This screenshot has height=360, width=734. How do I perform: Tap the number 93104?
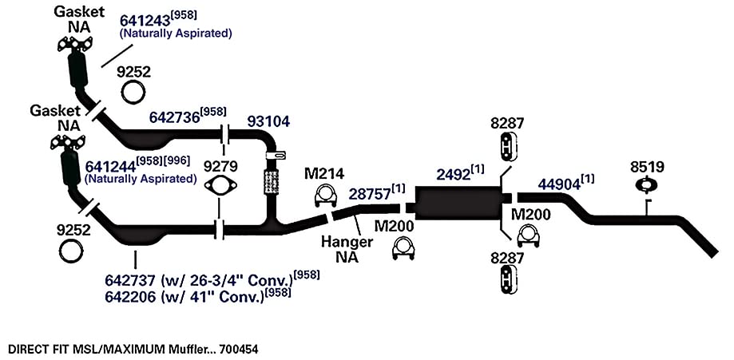268,121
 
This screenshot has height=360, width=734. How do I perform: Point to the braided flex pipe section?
272,182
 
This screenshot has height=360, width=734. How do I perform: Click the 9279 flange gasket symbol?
220,186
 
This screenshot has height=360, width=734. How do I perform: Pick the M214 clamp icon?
325,196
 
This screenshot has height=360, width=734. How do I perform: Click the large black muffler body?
457,203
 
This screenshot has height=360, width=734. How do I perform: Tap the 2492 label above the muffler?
453,175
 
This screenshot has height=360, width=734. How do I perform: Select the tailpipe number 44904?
558,184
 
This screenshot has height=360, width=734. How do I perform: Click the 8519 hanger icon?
645,184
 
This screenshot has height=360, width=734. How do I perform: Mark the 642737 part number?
129,281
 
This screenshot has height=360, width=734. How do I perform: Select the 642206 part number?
129,297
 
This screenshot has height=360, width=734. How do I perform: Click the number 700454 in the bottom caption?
239,350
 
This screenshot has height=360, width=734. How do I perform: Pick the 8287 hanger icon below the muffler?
507,280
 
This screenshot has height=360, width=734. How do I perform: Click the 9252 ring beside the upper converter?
133,92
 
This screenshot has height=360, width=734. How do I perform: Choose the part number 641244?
110,166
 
